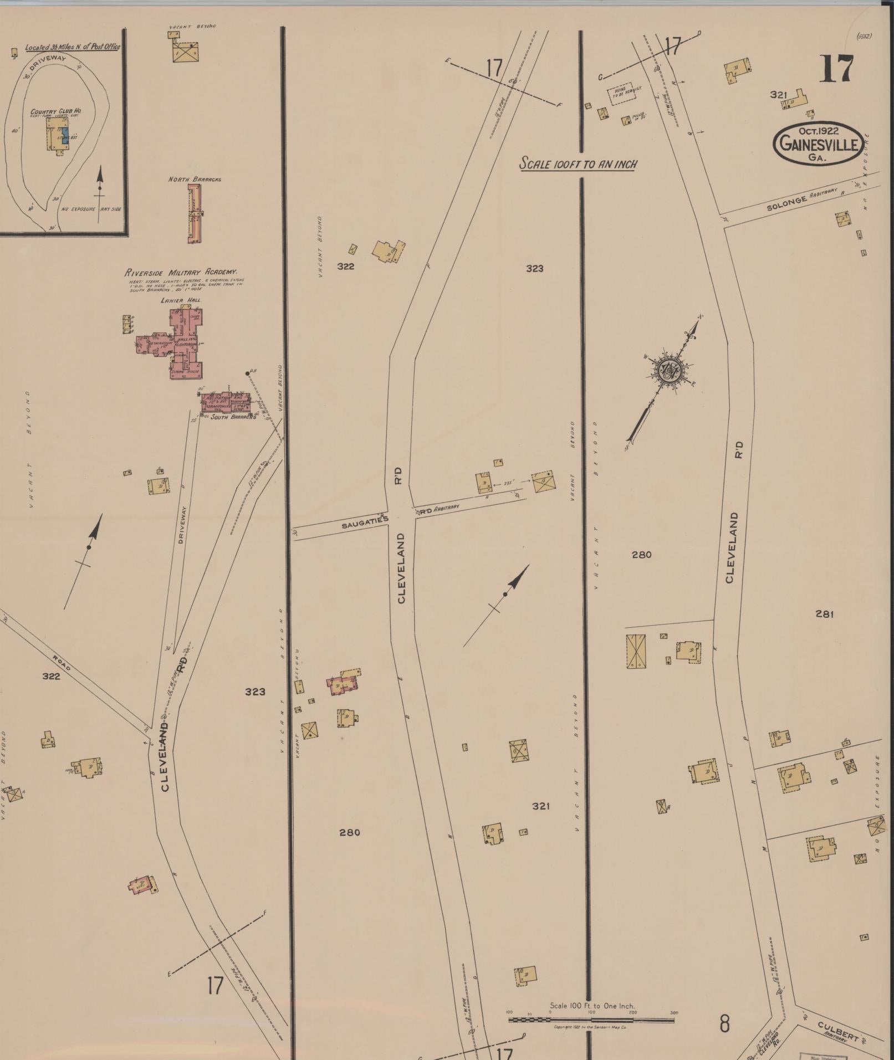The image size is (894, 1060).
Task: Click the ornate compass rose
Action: [670, 370]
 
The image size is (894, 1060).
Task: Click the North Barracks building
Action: [195, 213]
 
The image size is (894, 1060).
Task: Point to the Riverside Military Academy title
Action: [181, 272]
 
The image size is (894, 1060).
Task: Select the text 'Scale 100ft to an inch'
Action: [577, 164]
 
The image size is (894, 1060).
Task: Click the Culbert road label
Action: [838, 1028]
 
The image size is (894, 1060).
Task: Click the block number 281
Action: [824, 613]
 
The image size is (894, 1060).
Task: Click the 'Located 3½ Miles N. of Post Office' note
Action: [73, 47]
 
